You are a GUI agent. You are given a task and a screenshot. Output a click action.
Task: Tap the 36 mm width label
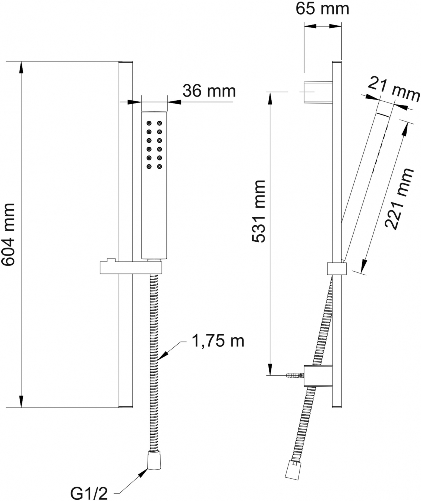tap(209, 91)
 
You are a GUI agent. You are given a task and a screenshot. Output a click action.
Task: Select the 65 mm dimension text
tap(322, 9)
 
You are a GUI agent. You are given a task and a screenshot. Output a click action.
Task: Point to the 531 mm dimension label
tap(258, 211)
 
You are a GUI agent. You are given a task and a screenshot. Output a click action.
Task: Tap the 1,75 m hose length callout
tap(218, 341)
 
